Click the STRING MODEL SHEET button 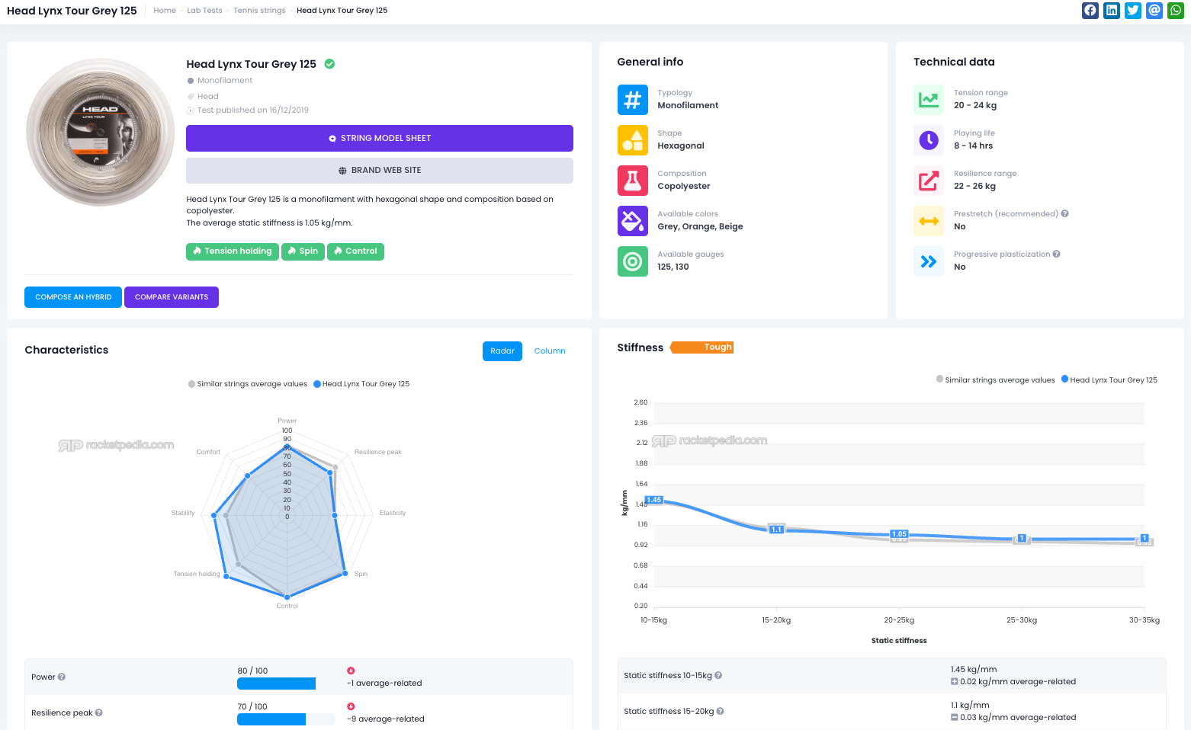[x=380, y=138]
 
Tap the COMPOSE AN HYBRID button [x=73, y=297]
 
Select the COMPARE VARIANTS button [x=172, y=297]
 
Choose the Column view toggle [x=549, y=351]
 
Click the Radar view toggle [x=502, y=351]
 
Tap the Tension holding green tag [x=233, y=251]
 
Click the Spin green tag [x=303, y=251]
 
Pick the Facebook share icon [x=1090, y=11]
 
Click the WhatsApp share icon [x=1176, y=11]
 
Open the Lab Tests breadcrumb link [x=204, y=11]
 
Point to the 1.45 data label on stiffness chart [x=654, y=500]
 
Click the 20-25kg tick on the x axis [x=899, y=620]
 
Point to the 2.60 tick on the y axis [x=640, y=402]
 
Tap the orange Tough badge [x=702, y=347]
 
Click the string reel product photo [x=100, y=132]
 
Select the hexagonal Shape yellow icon [x=633, y=140]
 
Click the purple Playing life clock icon [x=929, y=140]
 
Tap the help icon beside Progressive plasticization [x=1056, y=255]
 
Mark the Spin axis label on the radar [x=361, y=574]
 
